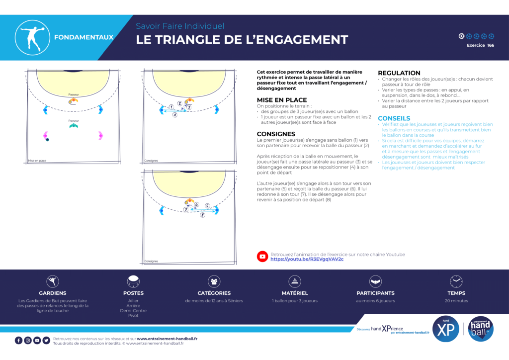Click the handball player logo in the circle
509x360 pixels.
coord(33,37)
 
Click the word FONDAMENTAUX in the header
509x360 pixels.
coord(84,37)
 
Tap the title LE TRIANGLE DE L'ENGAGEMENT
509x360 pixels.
coord(242,40)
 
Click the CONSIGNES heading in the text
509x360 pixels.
coord(276,134)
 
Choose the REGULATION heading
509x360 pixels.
coord(399,73)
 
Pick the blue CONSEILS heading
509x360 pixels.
coord(394,118)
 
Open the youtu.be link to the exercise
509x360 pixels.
coord(307,259)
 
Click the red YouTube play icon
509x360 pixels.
coord(262,257)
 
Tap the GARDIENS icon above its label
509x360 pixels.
coord(53,281)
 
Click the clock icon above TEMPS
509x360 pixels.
coord(456,281)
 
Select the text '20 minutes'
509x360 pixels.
coord(456,301)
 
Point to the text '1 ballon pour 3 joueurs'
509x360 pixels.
coord(295,301)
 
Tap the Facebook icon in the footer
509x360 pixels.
coord(18,340)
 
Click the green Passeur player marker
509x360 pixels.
coord(74,126)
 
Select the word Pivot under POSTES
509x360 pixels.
coord(133,315)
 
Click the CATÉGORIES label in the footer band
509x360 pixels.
coord(214,293)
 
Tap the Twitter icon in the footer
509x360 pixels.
coord(46,340)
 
